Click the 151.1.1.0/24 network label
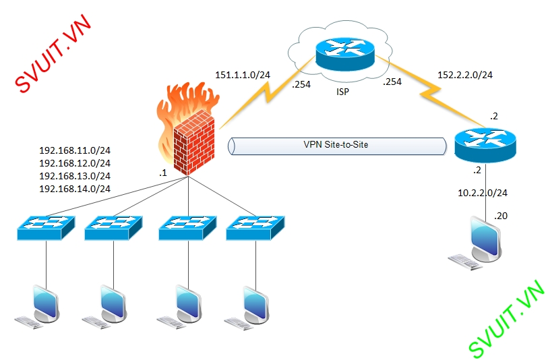tap(243, 74)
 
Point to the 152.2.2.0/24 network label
tap(465, 74)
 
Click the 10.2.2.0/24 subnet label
tap(483, 193)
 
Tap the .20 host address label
tap(501, 216)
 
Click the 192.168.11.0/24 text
tap(75, 150)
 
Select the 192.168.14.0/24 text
tap(75, 189)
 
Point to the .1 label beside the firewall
tap(162, 173)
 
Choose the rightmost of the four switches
tap(255, 227)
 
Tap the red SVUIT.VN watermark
tap(53, 53)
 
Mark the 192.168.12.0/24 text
tap(75, 163)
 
